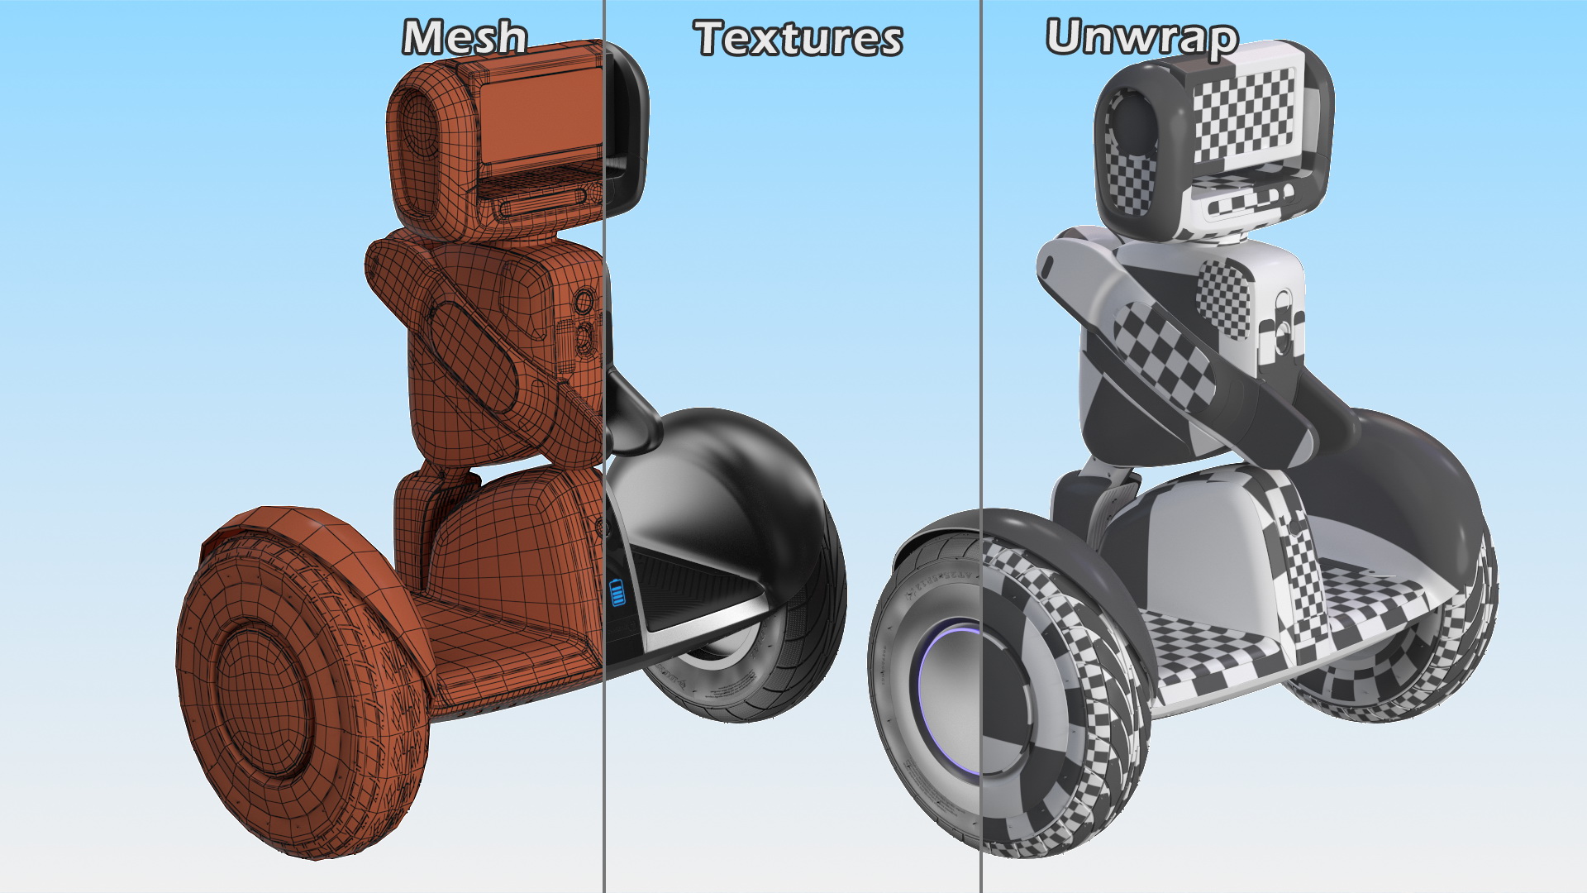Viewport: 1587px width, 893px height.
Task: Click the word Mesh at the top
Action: (465, 38)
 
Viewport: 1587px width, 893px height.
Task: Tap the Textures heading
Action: (798, 38)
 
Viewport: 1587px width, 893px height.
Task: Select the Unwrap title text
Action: (1141, 38)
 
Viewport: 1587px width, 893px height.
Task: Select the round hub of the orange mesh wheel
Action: (263, 699)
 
